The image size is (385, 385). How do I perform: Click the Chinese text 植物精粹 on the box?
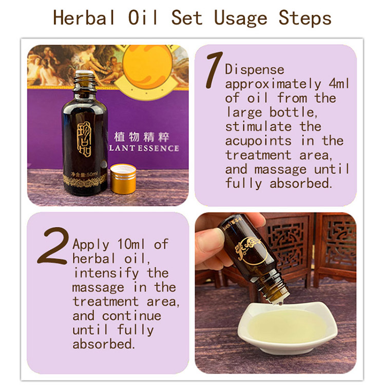pos(141,138)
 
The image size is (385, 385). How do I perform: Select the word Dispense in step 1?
pos(254,69)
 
